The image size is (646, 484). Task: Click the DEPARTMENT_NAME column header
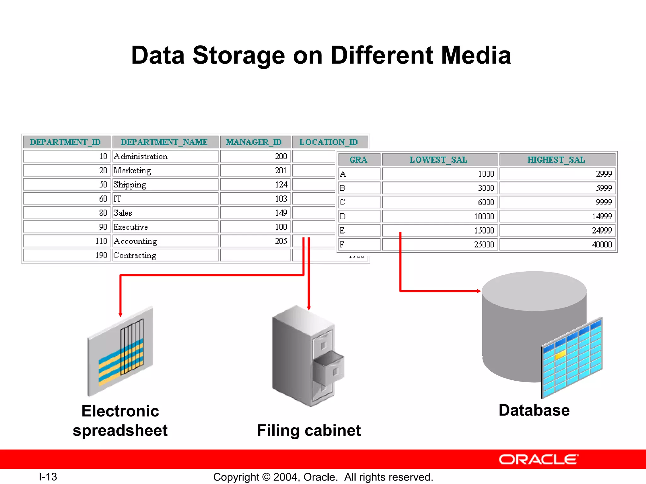click(x=164, y=142)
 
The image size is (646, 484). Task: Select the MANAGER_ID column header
click(x=254, y=142)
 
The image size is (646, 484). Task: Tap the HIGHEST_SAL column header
click(x=556, y=160)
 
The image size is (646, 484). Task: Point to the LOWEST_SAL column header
click(x=439, y=160)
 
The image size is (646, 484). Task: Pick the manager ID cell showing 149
click(x=255, y=213)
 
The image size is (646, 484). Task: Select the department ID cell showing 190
click(x=67, y=255)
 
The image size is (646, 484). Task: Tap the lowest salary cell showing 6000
click(x=440, y=202)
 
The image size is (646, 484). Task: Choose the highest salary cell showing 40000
click(x=557, y=245)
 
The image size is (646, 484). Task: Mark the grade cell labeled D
click(x=359, y=216)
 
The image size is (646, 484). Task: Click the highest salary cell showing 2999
click(x=557, y=174)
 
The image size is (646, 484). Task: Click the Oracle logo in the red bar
click(x=538, y=460)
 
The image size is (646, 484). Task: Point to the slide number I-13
click(x=48, y=477)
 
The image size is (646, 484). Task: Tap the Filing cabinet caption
click(x=309, y=430)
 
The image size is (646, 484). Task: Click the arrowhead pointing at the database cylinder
click(x=479, y=291)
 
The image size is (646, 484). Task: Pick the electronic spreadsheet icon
click(x=120, y=351)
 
